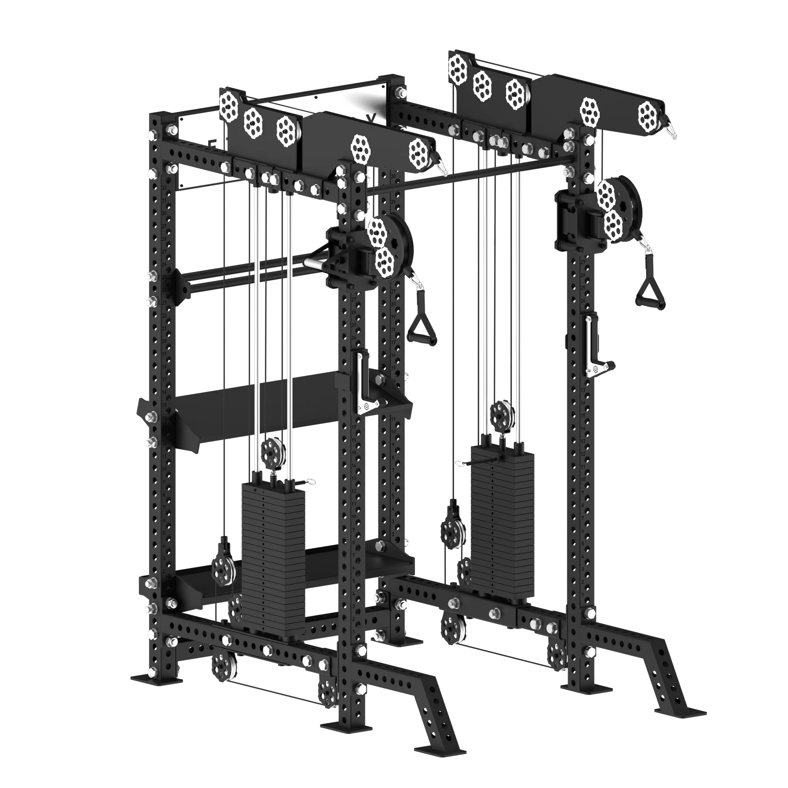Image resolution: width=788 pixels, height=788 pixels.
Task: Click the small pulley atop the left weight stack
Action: click(x=273, y=453)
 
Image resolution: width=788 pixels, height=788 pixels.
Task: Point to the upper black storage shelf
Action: click(x=261, y=408)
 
